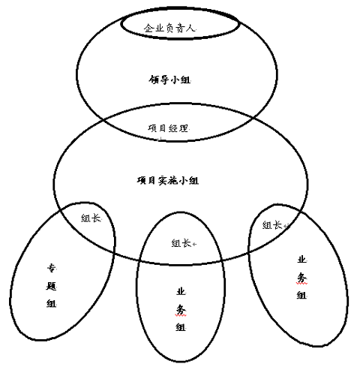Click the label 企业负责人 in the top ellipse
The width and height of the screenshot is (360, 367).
[169, 28]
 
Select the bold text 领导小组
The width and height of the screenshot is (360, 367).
[169, 80]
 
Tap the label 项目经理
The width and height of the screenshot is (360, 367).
[168, 128]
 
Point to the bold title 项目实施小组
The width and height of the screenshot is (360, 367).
[168, 180]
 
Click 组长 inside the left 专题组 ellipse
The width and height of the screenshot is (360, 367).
[91, 218]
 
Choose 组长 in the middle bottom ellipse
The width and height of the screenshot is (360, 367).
[181, 243]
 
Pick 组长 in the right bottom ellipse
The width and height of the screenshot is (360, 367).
[272, 225]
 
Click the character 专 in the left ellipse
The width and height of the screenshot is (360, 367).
[52, 268]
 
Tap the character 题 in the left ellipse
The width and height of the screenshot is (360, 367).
[51, 286]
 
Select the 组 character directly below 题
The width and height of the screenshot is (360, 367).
[51, 303]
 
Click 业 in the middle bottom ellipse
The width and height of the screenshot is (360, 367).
[181, 292]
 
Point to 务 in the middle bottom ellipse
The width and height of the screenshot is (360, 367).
[181, 310]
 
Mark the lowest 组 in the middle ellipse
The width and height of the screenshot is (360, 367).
[181, 327]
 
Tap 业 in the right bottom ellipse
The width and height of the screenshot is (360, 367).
[301, 260]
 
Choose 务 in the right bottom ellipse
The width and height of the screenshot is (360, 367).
[301, 278]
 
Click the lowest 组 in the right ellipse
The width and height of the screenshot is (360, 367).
[301, 295]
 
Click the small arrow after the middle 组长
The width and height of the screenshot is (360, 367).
[194, 244]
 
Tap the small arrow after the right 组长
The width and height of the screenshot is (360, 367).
[286, 226]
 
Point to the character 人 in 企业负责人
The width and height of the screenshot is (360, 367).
[190, 28]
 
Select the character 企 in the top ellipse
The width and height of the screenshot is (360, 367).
[148, 28]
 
